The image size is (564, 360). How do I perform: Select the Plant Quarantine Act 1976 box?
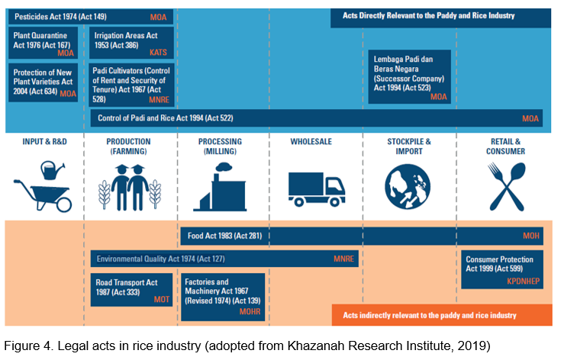[44, 43]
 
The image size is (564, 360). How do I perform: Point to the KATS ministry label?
[158, 53]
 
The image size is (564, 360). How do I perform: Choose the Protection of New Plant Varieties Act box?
[44, 82]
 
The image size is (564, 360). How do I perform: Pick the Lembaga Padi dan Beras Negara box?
[408, 76]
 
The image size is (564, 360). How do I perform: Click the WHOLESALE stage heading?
[314, 142]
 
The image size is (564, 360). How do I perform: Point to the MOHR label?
[250, 310]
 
